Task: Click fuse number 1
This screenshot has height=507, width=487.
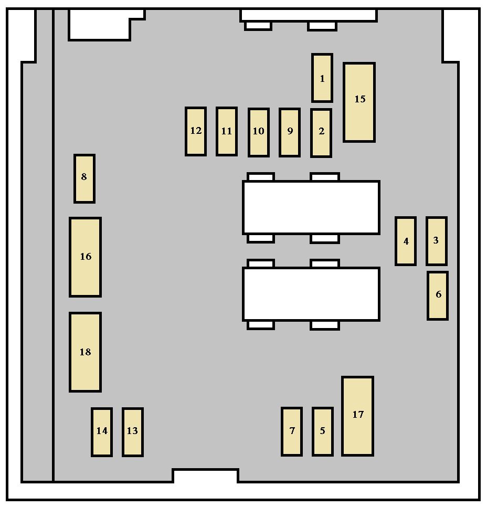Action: point(322,78)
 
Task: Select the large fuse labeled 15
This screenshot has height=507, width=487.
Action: point(359,102)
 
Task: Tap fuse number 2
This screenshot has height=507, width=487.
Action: point(321,133)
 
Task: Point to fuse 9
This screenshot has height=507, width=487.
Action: point(290,133)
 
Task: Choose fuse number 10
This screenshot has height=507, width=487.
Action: point(259,133)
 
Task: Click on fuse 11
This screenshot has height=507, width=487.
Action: point(227,132)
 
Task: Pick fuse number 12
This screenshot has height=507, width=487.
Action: point(196,132)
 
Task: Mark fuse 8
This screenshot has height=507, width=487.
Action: point(84,178)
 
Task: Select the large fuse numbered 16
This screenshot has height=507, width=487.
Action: point(86,257)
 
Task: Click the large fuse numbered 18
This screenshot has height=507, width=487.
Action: point(86,352)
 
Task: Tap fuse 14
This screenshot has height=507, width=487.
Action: point(102,432)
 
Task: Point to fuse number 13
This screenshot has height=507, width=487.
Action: point(133,432)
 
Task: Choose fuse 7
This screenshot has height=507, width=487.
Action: point(292,431)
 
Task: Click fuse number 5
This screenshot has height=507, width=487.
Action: point(323,431)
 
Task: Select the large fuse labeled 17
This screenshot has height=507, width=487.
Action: point(358,416)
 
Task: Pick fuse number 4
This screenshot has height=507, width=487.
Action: point(406,241)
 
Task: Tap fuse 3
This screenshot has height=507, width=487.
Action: point(437,241)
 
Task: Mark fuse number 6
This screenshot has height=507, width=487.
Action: point(438,295)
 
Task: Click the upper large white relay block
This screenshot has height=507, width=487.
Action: point(311,208)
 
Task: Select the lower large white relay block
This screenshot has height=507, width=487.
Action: point(311,294)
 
